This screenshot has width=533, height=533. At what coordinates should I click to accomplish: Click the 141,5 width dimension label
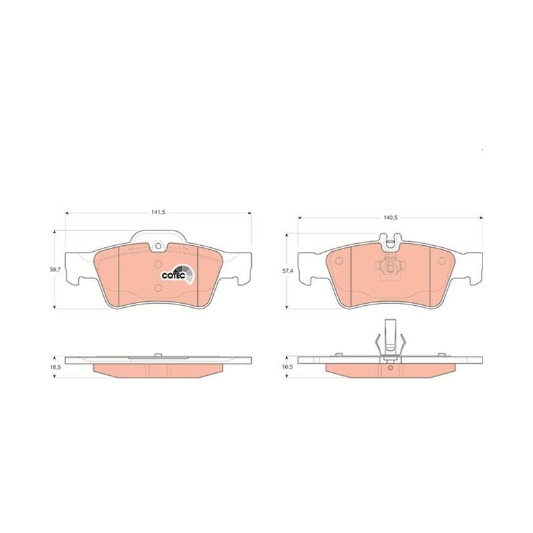click(158, 212)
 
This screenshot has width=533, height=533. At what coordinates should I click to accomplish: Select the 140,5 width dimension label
click(390, 217)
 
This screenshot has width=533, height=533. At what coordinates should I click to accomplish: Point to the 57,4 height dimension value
click(287, 272)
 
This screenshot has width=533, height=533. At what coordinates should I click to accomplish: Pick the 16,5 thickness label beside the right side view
click(287, 367)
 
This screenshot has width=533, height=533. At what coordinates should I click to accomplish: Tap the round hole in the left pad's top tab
click(158, 245)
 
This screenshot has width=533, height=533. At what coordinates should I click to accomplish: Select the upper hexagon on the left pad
click(158, 264)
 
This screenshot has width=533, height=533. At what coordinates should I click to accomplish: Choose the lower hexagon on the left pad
click(158, 288)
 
